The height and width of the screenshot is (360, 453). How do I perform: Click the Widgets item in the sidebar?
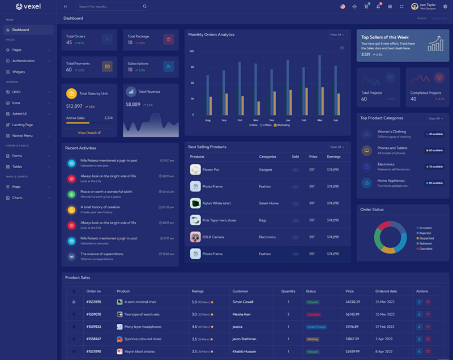(x=19, y=72)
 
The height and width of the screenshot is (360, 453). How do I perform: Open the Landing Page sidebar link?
(x=23, y=125)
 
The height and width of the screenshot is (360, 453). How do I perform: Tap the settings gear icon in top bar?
(x=445, y=6)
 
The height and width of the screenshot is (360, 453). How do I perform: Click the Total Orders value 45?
(x=69, y=42)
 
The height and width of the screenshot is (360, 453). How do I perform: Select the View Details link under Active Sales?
(x=89, y=132)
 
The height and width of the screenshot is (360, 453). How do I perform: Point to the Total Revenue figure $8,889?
(x=133, y=104)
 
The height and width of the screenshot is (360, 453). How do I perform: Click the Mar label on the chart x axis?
(x=320, y=120)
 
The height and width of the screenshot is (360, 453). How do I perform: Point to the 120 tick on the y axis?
(x=191, y=51)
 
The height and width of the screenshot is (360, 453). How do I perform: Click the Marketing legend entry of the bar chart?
(x=283, y=125)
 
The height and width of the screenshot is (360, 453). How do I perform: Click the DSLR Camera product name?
(x=213, y=237)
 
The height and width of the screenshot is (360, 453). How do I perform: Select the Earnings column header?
(x=334, y=157)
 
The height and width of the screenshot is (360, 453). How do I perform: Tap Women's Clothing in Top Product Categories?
(x=392, y=131)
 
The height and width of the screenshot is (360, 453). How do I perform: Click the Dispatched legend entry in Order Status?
(x=426, y=238)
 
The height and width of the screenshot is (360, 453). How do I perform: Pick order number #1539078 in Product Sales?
(x=93, y=314)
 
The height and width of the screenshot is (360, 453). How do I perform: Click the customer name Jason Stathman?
(x=245, y=339)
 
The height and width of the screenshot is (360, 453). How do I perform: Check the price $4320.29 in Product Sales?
(x=353, y=302)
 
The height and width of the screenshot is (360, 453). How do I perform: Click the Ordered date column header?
(x=386, y=291)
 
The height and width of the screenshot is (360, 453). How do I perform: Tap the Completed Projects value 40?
(x=413, y=99)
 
